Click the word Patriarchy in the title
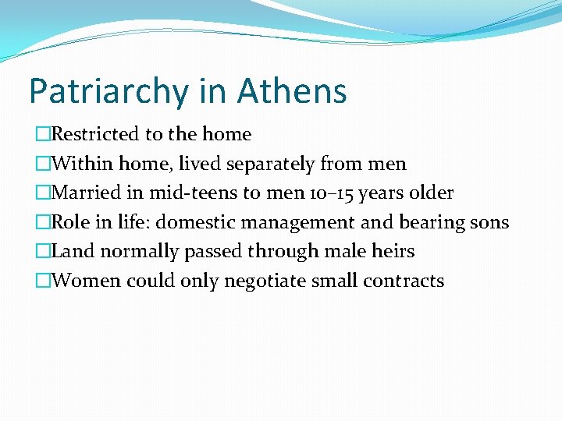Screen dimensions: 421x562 pyautogui.click(x=107, y=92)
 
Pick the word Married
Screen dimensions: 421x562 pyautogui.click(x=86, y=193)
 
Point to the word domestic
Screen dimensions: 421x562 pyautogui.click(x=195, y=222)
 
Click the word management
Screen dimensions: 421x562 pyautogui.click(x=298, y=222)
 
